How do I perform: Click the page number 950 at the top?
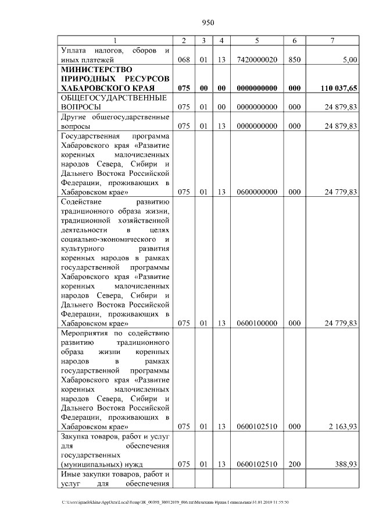point(208,23)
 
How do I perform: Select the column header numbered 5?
point(256,40)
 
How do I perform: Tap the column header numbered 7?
point(332,40)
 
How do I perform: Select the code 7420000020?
point(256,59)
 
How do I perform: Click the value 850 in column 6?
point(294,59)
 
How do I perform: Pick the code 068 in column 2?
point(184,59)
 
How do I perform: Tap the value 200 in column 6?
point(294,464)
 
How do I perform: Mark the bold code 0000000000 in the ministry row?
point(256,87)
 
